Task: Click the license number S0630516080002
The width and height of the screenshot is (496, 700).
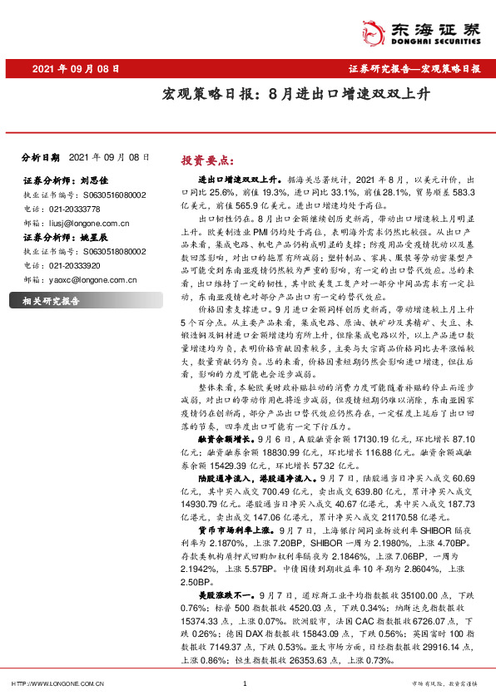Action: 107,194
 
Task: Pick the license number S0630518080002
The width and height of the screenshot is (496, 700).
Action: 107,251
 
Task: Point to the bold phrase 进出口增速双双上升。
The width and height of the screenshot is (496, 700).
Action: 237,179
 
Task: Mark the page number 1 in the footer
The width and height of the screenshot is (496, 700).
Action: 244,684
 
